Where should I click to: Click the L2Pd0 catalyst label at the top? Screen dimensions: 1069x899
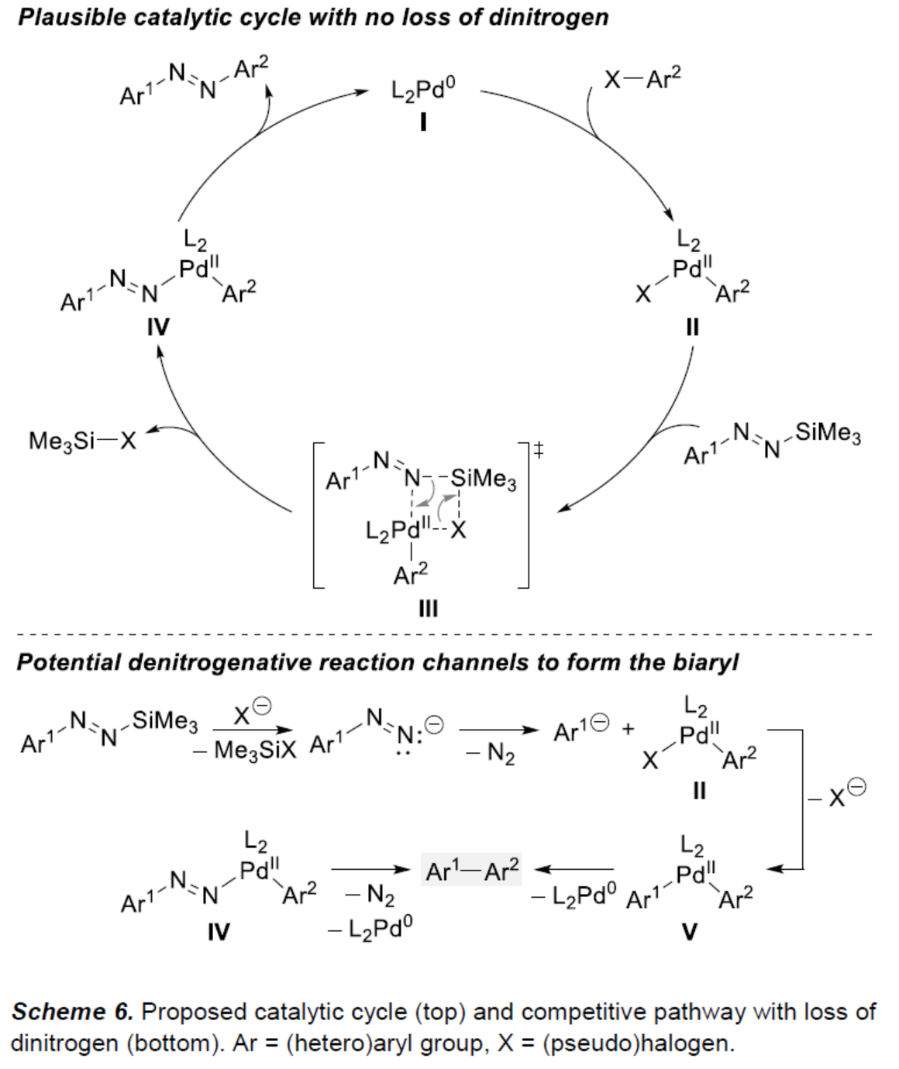[422, 91]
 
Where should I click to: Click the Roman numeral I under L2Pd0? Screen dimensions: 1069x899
[423, 122]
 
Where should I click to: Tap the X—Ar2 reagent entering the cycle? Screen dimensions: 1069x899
[642, 79]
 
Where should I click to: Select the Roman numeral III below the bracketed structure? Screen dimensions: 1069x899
[428, 609]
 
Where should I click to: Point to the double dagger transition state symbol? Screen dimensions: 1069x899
[538, 449]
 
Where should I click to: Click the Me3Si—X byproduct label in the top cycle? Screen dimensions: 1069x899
[82, 441]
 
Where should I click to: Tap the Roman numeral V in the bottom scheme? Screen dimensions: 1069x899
[689, 931]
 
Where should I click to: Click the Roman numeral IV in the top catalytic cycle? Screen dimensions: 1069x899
[158, 327]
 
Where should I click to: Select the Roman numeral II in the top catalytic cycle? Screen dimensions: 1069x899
[692, 327]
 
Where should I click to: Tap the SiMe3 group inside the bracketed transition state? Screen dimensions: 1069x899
[484, 479]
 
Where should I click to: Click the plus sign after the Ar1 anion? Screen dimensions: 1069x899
[628, 729]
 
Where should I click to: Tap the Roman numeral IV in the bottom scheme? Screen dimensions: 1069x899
[219, 931]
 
